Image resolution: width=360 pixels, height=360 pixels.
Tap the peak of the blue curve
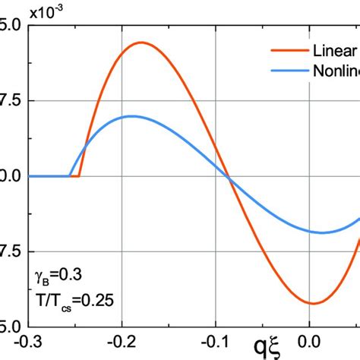(x=133, y=116)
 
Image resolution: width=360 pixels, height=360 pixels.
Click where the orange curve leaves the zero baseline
(x=80, y=176)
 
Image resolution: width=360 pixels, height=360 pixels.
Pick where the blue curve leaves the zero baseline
(x=71, y=176)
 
